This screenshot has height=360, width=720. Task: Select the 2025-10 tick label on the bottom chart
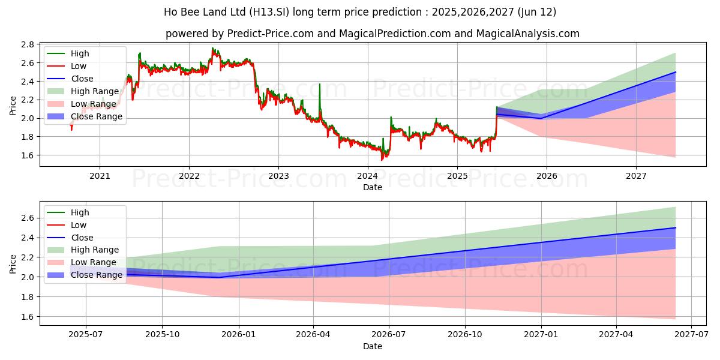(162, 335)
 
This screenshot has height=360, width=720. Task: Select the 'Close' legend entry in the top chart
(82, 79)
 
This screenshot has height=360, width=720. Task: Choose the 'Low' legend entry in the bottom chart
(79, 225)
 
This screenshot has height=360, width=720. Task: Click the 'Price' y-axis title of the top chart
(13, 105)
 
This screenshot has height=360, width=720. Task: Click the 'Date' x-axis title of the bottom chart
(372, 346)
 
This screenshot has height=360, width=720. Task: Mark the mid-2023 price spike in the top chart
(319, 85)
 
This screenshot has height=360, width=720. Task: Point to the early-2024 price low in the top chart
(383, 159)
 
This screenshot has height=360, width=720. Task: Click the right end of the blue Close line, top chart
(676, 72)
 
